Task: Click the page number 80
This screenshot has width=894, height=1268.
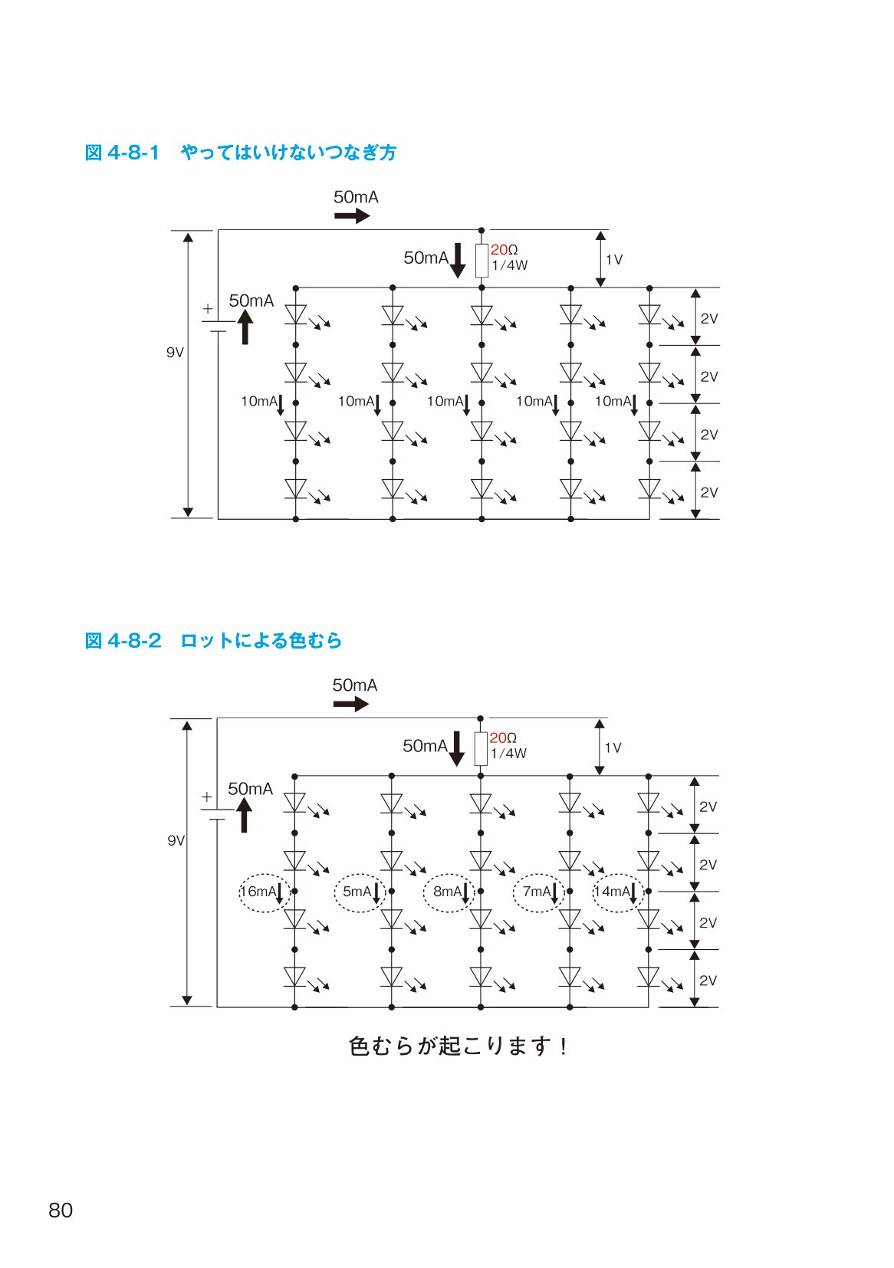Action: click(x=61, y=1210)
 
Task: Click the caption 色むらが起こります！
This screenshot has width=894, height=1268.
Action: click(x=458, y=1046)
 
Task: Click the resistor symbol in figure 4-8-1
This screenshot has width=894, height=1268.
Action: click(x=482, y=261)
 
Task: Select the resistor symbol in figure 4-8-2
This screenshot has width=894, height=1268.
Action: click(x=480, y=748)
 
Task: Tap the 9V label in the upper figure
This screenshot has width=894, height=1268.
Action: click(x=175, y=353)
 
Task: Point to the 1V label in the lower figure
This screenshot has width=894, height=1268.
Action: click(x=613, y=747)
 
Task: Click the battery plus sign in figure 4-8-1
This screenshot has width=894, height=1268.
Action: click(x=208, y=308)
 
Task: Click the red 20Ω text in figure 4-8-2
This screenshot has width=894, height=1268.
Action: click(x=503, y=737)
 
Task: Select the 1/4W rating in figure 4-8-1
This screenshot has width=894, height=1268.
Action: click(x=510, y=265)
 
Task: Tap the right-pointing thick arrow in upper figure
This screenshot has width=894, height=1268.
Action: click(x=352, y=215)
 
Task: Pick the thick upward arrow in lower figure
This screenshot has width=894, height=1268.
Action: click(x=244, y=814)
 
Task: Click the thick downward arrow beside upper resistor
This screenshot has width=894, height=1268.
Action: click(x=458, y=261)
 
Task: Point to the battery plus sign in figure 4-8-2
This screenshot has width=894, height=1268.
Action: click(x=207, y=797)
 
